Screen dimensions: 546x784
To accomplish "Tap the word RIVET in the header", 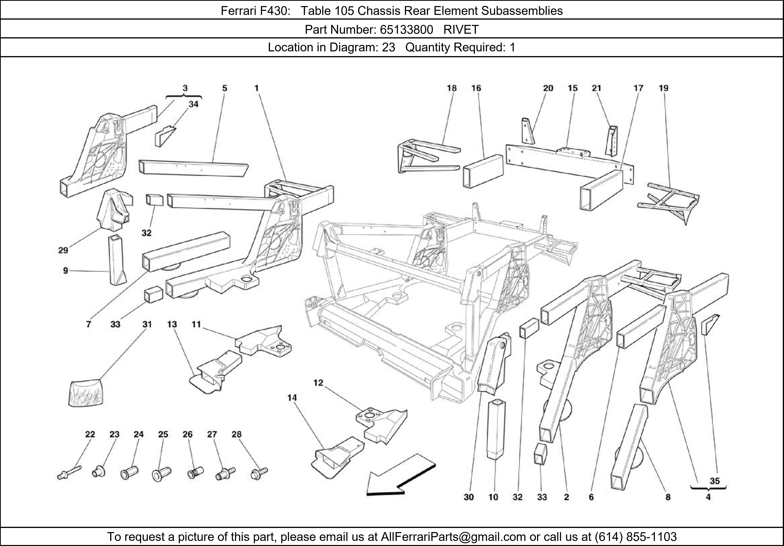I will pyautogui.click(x=461, y=30).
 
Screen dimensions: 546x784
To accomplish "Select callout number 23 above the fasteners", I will pyautogui.click(x=114, y=434).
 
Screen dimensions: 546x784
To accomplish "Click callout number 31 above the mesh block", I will pyautogui.click(x=147, y=324).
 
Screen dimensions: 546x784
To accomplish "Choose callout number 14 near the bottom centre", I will pyautogui.click(x=292, y=398).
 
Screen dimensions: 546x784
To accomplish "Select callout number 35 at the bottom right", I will pyautogui.click(x=714, y=481).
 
